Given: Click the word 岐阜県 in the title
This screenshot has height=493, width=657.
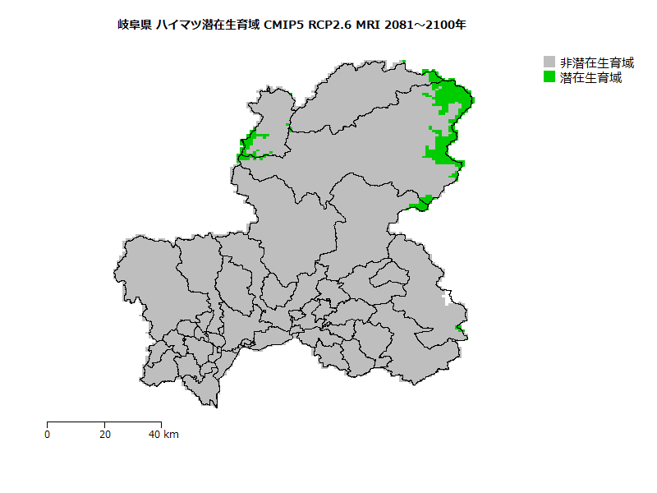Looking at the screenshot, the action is (134, 25).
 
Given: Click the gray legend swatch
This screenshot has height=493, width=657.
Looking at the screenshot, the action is (549, 62).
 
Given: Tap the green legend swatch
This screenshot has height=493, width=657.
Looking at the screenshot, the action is (549, 77).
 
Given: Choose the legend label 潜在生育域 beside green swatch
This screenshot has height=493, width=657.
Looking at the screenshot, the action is (590, 78).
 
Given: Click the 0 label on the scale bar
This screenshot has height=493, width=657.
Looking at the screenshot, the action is (48, 434).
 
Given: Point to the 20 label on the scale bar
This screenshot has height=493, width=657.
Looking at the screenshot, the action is (104, 434).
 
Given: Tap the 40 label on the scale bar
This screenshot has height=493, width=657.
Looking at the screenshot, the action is (154, 434).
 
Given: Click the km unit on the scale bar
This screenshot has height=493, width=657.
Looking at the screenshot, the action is (171, 434).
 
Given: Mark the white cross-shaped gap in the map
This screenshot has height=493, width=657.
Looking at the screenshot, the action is (447, 297).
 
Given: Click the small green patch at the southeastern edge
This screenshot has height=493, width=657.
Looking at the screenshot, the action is (459, 330).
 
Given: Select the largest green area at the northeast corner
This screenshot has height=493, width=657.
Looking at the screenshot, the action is (450, 94).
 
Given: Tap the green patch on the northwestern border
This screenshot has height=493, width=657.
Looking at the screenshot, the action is (250, 145).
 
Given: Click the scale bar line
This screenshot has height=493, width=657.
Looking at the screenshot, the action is (103, 422).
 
